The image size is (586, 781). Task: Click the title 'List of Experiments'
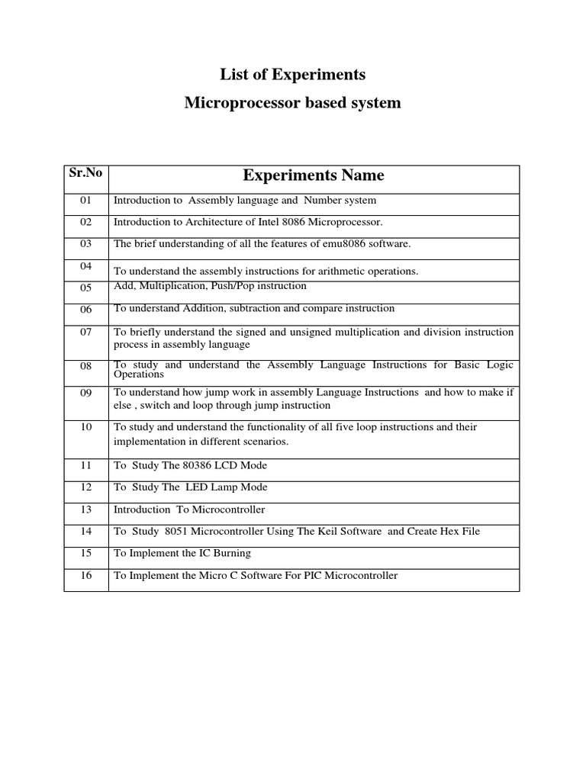pyautogui.click(x=292, y=75)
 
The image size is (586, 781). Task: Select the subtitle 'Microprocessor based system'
pyautogui.click(x=292, y=103)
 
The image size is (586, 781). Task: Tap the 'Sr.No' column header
pyautogui.click(x=85, y=172)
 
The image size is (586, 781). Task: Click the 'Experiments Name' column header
pyautogui.click(x=314, y=176)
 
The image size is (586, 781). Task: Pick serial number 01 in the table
pyautogui.click(x=85, y=201)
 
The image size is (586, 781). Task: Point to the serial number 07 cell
pyautogui.click(x=85, y=332)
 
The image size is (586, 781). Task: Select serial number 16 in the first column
pyautogui.click(x=85, y=576)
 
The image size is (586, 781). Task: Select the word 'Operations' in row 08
pyautogui.click(x=139, y=374)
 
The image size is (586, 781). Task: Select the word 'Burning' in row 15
pyautogui.click(x=232, y=554)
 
